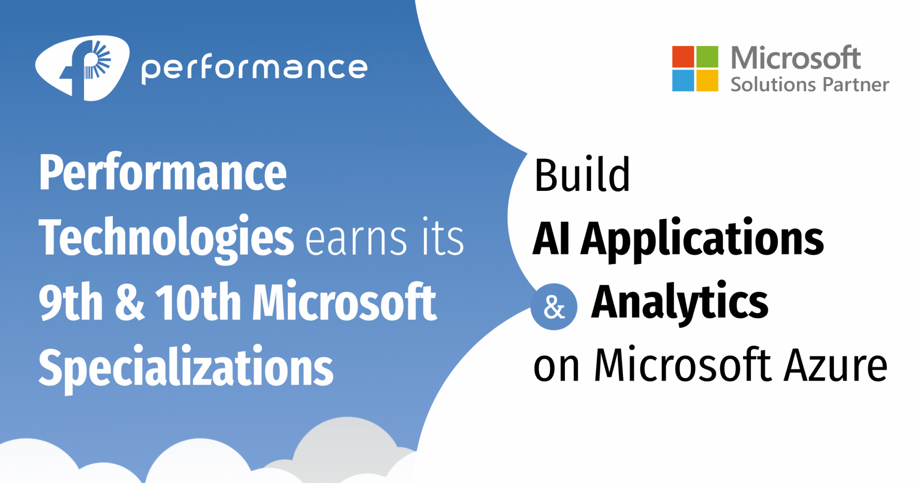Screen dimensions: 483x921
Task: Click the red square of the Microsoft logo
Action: click(x=683, y=57)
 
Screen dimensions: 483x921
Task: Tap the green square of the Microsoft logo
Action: click(x=707, y=57)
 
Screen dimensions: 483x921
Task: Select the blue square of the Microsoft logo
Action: click(x=683, y=80)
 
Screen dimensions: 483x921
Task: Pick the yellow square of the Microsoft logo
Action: click(x=707, y=80)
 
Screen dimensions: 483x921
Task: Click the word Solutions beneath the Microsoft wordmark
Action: click(x=773, y=84)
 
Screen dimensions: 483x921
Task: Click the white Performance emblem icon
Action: click(x=83, y=68)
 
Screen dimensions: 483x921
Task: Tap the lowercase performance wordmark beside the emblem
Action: click(x=255, y=69)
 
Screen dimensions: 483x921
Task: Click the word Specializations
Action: click(x=186, y=368)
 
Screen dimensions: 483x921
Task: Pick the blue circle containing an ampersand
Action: click(x=554, y=307)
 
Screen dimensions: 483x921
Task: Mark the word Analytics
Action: click(x=680, y=302)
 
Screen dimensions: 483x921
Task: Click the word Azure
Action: click(x=835, y=366)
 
